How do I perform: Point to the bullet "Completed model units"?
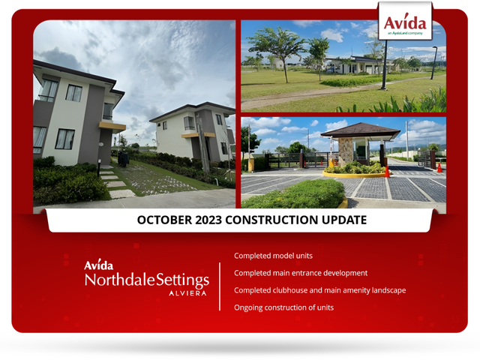[x=273, y=256]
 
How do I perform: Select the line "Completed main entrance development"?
[x=301, y=273]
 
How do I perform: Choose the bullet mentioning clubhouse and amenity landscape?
[x=320, y=290]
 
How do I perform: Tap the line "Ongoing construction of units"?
[x=283, y=307]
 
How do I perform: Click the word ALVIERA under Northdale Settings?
[x=187, y=293]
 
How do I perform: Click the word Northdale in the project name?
[x=120, y=280]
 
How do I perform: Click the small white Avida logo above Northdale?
[x=98, y=265]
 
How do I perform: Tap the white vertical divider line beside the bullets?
[x=220, y=286]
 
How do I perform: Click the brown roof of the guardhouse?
[x=361, y=130]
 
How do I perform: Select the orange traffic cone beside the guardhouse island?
[x=387, y=172]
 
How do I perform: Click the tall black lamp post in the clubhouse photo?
[x=385, y=65]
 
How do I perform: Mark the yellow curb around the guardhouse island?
[x=354, y=175]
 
